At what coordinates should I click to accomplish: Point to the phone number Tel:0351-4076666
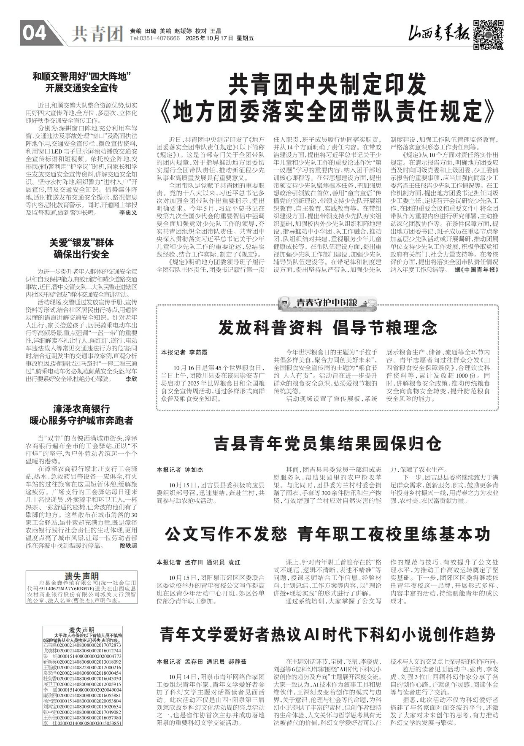coord(155,38)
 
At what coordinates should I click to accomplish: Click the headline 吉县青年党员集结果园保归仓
coord(327,443)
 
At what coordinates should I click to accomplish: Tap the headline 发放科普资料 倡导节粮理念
coord(327,328)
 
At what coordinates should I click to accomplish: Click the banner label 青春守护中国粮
coord(327,303)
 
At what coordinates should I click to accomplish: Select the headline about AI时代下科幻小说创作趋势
coord(327,634)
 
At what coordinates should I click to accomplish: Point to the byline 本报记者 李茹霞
coord(184,352)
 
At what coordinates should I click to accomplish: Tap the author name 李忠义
coord(128,213)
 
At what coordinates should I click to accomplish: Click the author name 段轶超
coord(128,546)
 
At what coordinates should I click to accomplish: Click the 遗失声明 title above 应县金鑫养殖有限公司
coord(81,576)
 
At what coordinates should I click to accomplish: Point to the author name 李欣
coord(131,379)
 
